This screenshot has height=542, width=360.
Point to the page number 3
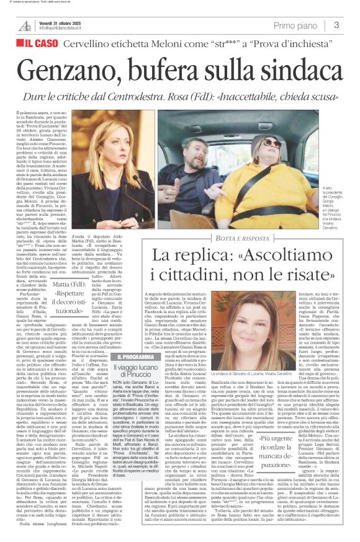336,25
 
